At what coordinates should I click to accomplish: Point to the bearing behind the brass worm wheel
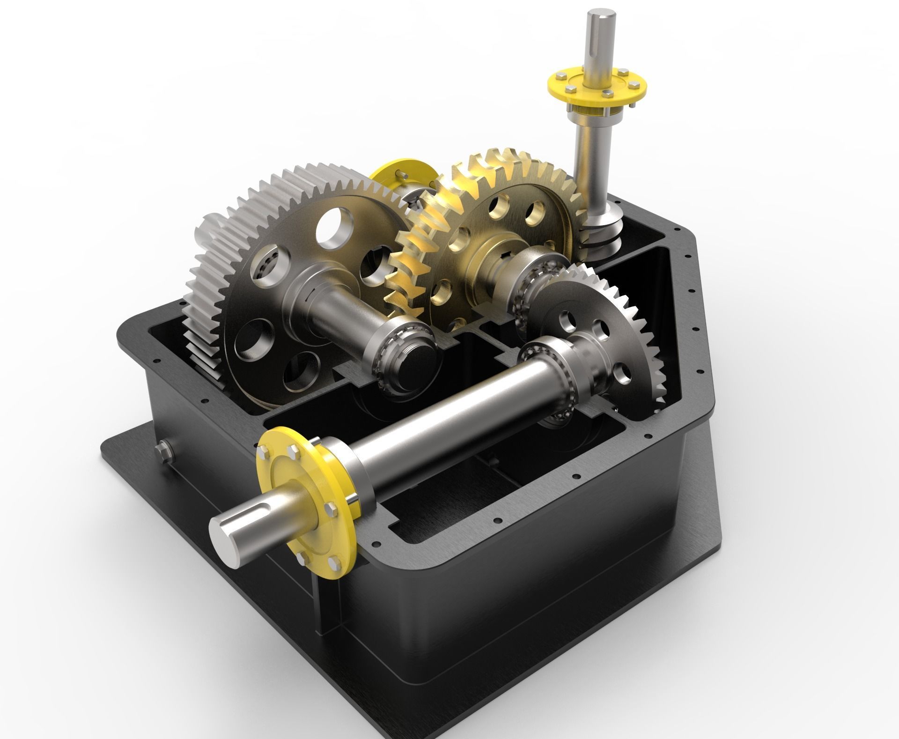(529, 295)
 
